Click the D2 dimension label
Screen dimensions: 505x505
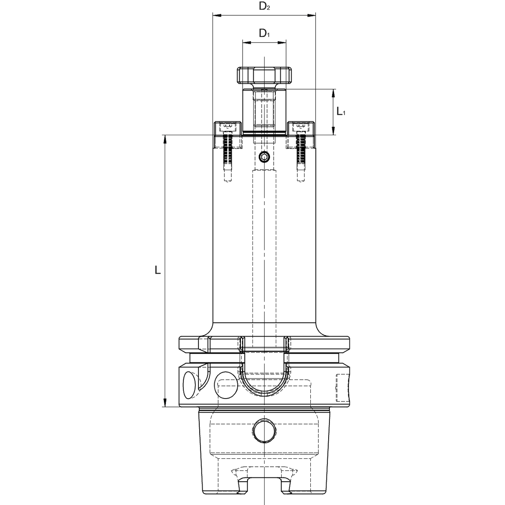point(264,6)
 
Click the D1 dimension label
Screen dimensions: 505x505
point(264,33)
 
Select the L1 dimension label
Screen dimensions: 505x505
point(341,111)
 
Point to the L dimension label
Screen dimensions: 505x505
point(157,270)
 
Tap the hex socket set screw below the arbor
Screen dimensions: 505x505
point(264,157)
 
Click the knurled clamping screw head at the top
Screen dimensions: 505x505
point(265,75)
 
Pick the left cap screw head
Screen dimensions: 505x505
point(227,126)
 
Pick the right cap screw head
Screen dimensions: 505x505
point(300,126)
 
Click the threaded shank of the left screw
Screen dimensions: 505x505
point(227,152)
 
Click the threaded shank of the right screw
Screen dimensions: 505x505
point(301,152)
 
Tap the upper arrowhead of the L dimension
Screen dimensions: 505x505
point(165,139)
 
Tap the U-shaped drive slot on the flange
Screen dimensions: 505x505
point(264,374)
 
